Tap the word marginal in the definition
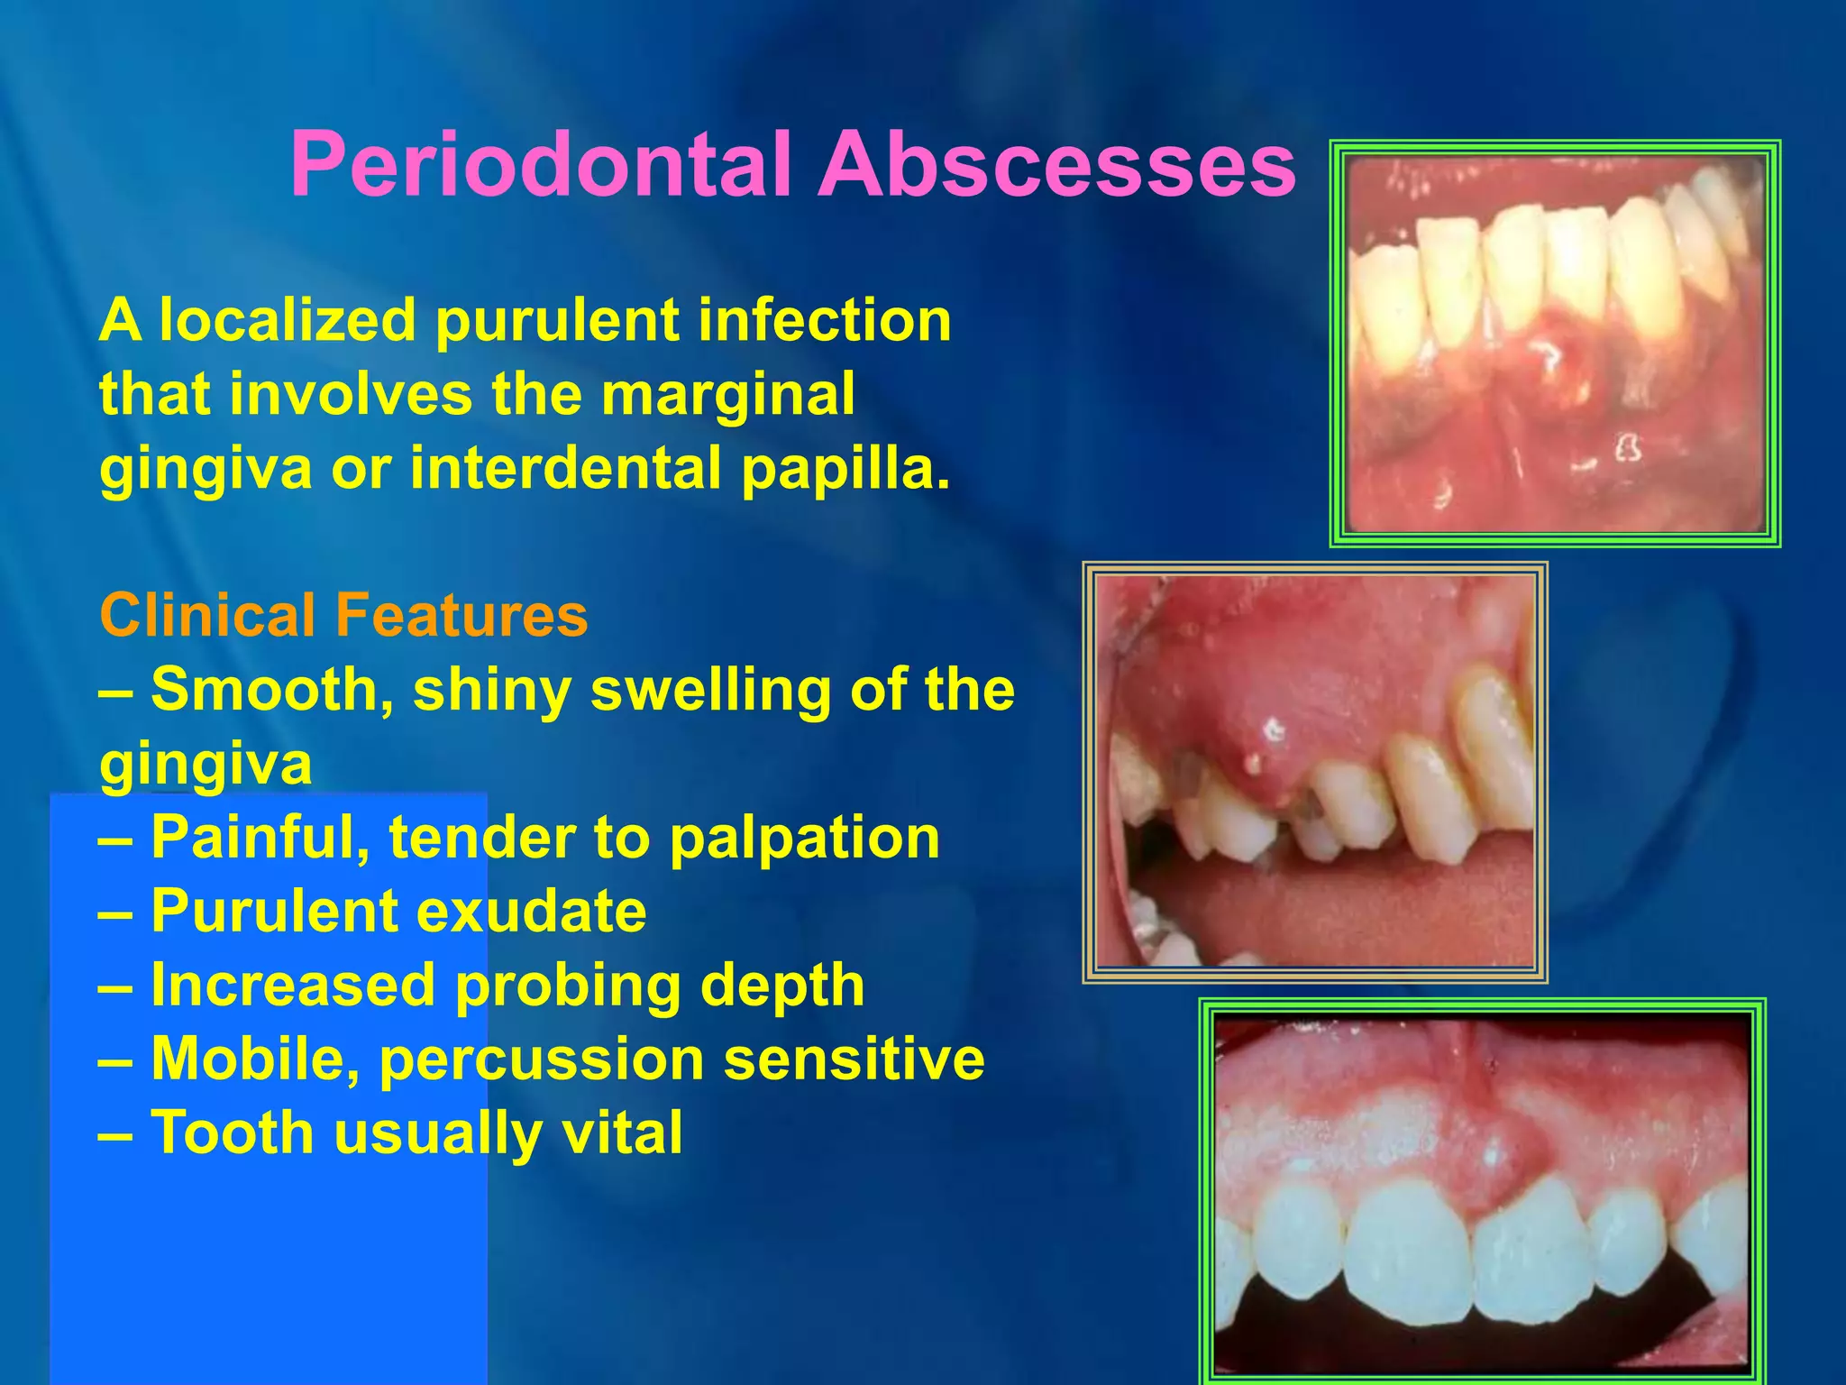pos(727,395)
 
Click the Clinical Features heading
pos(343,616)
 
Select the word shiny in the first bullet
pos(491,690)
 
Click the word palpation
pos(804,838)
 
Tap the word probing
pos(568,986)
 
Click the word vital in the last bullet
pos(622,1133)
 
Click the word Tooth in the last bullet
pos(232,1133)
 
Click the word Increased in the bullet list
pos(293,985)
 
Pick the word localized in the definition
pos(288,321)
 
